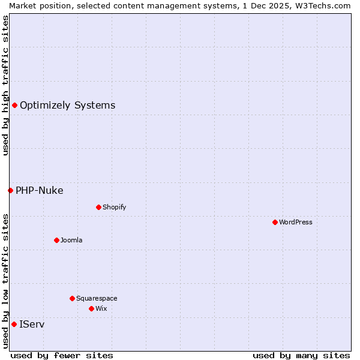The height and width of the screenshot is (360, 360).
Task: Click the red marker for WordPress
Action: [x=275, y=222]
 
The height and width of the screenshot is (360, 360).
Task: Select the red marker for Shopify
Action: [x=98, y=207]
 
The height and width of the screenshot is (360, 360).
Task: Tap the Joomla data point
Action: [x=56, y=240]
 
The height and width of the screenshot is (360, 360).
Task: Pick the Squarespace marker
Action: [x=72, y=298]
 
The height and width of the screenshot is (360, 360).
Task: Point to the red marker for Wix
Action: [x=91, y=308]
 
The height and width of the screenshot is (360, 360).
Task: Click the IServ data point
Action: [x=14, y=324]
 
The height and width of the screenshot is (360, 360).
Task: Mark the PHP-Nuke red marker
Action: [x=10, y=190]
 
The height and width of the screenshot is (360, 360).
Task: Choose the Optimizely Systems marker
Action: [x=14, y=105]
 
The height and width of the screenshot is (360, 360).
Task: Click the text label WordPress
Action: [x=296, y=222]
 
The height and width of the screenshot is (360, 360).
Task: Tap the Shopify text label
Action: [x=114, y=207]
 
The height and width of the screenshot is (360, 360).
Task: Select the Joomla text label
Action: [x=71, y=240]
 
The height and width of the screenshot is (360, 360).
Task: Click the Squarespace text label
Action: [x=97, y=298]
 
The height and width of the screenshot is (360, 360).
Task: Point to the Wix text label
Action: [x=101, y=308]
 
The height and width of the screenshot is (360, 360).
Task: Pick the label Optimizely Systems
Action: [x=67, y=105]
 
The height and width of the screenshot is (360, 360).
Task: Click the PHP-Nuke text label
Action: [x=39, y=190]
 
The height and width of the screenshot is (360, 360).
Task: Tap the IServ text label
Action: [x=32, y=324]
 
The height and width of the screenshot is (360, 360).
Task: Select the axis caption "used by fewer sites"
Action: [x=62, y=355]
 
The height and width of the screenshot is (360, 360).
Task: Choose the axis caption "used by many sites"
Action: [x=301, y=355]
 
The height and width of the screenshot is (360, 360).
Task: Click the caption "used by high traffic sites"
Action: [x=5, y=85]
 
